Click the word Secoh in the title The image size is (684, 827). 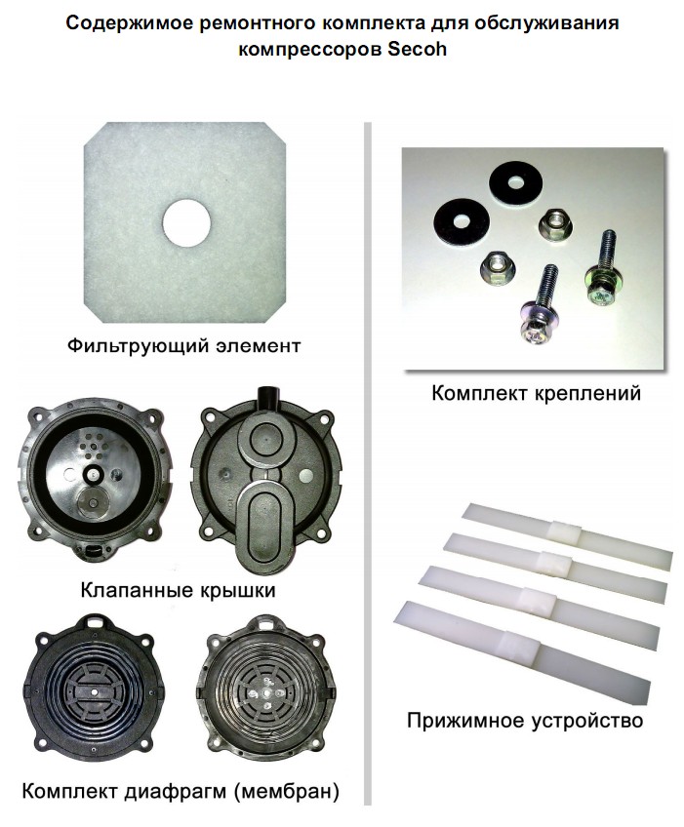(417, 49)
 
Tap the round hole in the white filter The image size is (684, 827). (186, 222)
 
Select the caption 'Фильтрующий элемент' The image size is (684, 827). (184, 346)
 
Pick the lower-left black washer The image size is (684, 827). (462, 221)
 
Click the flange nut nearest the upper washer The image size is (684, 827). (556, 224)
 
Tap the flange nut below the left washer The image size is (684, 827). (498, 268)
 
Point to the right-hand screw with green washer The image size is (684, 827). (602, 268)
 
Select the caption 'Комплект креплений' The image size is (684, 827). (537, 393)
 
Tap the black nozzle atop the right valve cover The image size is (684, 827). (269, 399)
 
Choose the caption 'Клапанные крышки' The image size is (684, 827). (178, 590)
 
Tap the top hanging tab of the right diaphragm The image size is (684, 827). (269, 623)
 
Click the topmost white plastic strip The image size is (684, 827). (567, 536)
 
